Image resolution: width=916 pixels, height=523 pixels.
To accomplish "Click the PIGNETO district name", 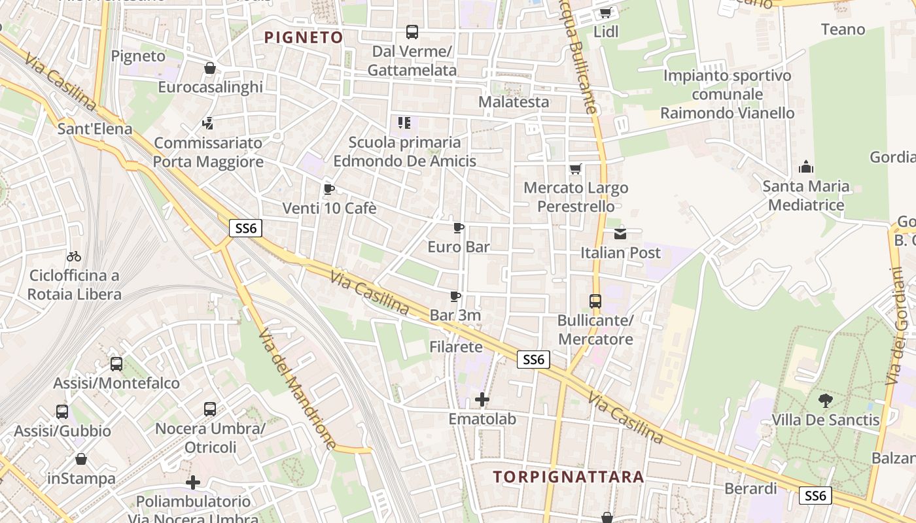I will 304,37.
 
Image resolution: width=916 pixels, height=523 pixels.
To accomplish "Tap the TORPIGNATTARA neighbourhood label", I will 568,477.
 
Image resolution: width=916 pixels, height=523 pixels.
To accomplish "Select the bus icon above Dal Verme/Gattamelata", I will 412,31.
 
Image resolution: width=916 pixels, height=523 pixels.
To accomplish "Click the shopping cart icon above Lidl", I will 605,13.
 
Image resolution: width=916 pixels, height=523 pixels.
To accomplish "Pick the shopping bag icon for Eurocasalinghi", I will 210,68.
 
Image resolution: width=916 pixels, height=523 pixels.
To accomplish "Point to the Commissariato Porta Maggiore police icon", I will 208,123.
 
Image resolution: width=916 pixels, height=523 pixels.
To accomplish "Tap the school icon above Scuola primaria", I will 404,122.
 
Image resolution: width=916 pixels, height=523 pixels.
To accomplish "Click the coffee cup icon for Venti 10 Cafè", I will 329,190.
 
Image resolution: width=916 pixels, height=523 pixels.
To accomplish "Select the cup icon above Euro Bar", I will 459,228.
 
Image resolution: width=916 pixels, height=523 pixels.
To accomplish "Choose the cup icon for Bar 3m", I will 455,297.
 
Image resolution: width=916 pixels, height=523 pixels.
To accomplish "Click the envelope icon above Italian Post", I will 620,233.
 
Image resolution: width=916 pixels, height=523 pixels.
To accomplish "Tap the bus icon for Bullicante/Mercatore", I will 595,301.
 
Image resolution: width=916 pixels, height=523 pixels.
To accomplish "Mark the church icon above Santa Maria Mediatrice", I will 806,167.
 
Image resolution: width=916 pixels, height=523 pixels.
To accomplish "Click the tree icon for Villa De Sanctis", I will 826,400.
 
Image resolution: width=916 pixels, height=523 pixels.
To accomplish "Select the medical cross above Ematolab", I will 482,399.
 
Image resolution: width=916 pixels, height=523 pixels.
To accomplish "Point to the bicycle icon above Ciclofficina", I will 74,256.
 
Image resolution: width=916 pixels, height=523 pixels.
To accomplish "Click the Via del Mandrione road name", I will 297,390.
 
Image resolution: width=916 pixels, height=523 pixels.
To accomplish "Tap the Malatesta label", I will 514,102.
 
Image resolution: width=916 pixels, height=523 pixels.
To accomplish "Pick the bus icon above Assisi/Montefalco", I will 116,364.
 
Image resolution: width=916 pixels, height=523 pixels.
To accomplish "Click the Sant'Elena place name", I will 95,129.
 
